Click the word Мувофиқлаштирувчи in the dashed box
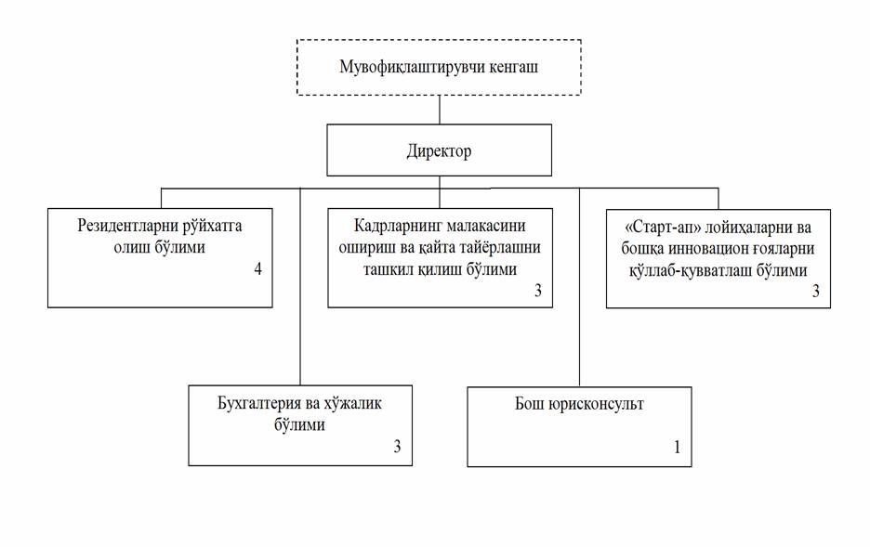coord(413,68)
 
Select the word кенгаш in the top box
coord(514,68)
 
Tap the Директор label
coord(439,151)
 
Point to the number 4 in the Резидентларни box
coord(258,268)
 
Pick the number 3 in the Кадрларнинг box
coord(537,291)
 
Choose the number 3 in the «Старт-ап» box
coord(816,291)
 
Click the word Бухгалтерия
coord(259,403)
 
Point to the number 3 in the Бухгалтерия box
coord(397,446)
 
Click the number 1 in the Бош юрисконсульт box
coord(677,448)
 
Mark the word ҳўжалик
coord(353,403)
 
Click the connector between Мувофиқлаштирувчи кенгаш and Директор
coord(440,110)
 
